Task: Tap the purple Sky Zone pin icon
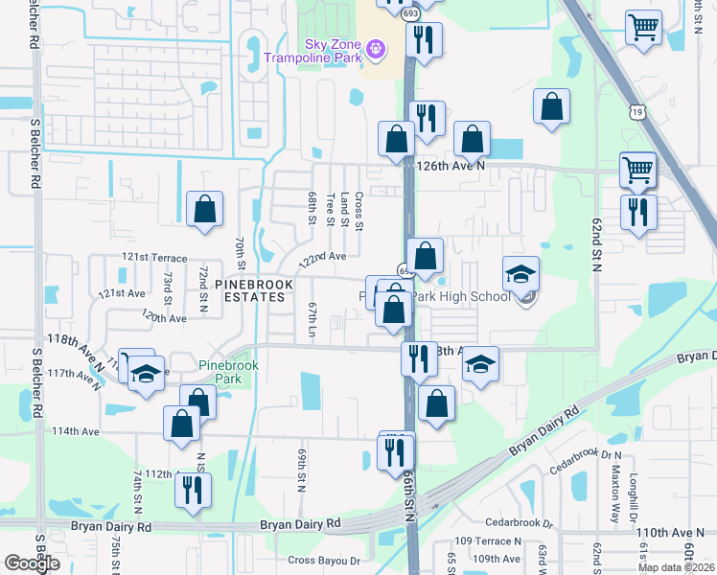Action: coord(376,46)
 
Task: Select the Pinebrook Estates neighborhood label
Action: coord(249,290)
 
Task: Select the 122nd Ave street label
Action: coord(321,259)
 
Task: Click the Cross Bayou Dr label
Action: coord(323,560)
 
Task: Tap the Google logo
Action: coord(32,563)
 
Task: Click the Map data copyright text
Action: coord(676,567)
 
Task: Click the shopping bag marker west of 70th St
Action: coord(205,209)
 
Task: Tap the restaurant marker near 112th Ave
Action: coord(193,490)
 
